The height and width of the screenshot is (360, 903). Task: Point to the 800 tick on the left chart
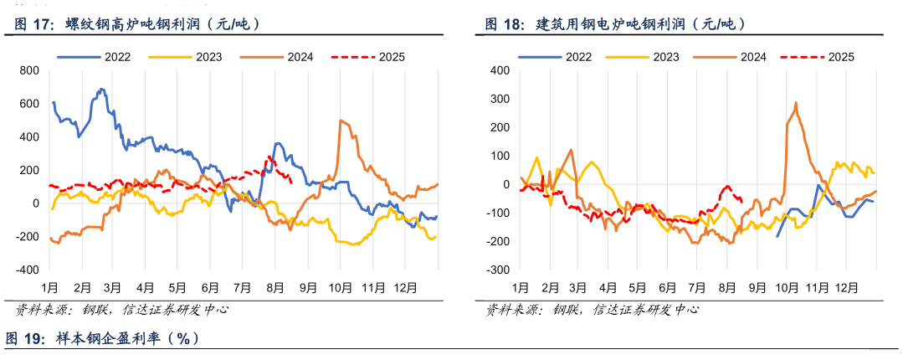29,70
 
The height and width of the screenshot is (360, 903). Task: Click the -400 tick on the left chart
28,270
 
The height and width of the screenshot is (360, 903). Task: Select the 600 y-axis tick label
29,104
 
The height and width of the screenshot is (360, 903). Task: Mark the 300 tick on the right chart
500,99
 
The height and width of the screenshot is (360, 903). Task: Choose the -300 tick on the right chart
498,270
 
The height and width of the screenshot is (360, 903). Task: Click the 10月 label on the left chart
340,287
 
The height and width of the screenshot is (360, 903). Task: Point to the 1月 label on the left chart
49,287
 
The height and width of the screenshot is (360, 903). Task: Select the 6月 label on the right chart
668,287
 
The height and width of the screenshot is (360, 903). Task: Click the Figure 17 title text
138,25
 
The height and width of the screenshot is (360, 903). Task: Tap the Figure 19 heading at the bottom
102,338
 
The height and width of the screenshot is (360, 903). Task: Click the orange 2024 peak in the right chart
795,103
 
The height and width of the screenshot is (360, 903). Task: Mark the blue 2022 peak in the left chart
101,89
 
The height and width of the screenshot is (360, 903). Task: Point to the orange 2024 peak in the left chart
341,121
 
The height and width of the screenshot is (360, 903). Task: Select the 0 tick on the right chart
505,185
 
